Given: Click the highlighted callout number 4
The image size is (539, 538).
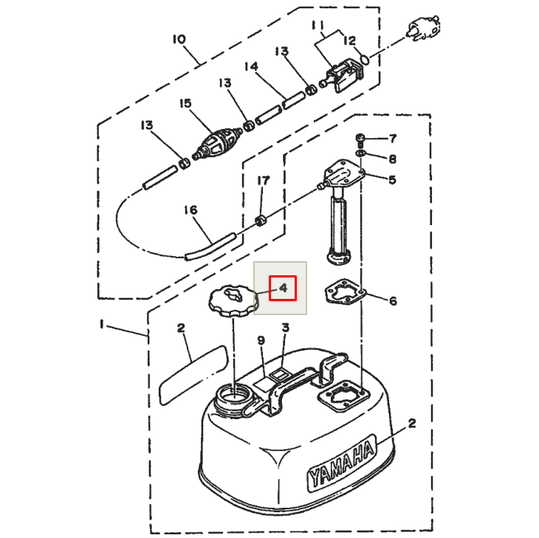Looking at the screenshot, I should (x=282, y=288).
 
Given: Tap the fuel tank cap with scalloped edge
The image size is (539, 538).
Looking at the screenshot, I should (x=232, y=301).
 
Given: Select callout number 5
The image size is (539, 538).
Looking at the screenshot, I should (x=393, y=179).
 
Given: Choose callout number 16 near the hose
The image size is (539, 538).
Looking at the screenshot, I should (x=190, y=210).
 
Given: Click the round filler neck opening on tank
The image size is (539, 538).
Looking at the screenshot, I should (x=235, y=396).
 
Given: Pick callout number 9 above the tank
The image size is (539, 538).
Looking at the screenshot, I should (x=261, y=340).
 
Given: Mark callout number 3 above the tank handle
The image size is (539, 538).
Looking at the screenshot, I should (x=285, y=327).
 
